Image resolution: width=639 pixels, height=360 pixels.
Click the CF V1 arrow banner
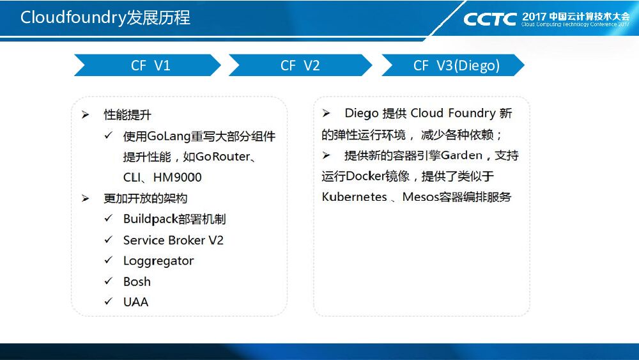148,65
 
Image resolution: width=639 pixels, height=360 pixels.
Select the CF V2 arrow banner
300,65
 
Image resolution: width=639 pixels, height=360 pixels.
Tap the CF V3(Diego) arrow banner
454,65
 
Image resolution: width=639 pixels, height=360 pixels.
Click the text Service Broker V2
173,240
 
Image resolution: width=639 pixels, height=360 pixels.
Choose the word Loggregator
158,261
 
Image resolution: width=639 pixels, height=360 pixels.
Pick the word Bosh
137,281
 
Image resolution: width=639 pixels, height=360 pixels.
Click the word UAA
135,302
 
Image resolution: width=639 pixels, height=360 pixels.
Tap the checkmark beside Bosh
109,281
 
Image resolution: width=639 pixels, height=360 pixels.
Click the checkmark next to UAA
109,302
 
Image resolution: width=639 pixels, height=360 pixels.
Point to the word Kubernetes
355,197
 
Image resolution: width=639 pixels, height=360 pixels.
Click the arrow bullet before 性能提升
85,115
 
